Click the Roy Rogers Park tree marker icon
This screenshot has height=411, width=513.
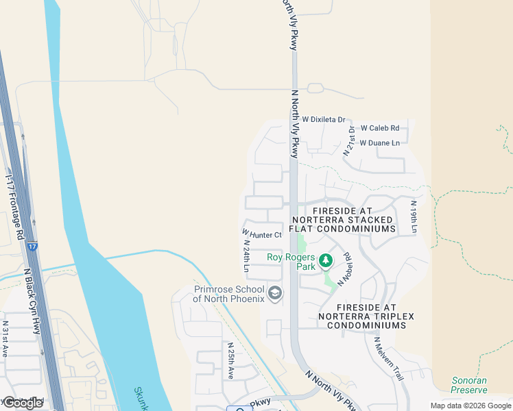coord(326,260)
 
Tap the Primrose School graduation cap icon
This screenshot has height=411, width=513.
coord(275,294)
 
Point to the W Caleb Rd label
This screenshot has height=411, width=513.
coord(379,128)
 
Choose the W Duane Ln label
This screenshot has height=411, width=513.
coord(379,143)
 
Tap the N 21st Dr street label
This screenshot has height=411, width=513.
coord(350,139)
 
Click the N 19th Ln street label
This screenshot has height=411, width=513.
coord(414,217)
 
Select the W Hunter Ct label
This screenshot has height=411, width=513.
coord(262,235)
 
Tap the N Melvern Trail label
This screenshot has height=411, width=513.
coord(388,358)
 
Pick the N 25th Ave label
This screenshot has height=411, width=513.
coord(231,360)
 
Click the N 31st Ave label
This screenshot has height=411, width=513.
coord(5,336)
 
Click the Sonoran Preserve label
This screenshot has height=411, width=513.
coord(469,385)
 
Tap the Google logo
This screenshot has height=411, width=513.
coord(22,402)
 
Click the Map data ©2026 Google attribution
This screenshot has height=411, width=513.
coord(470,406)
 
